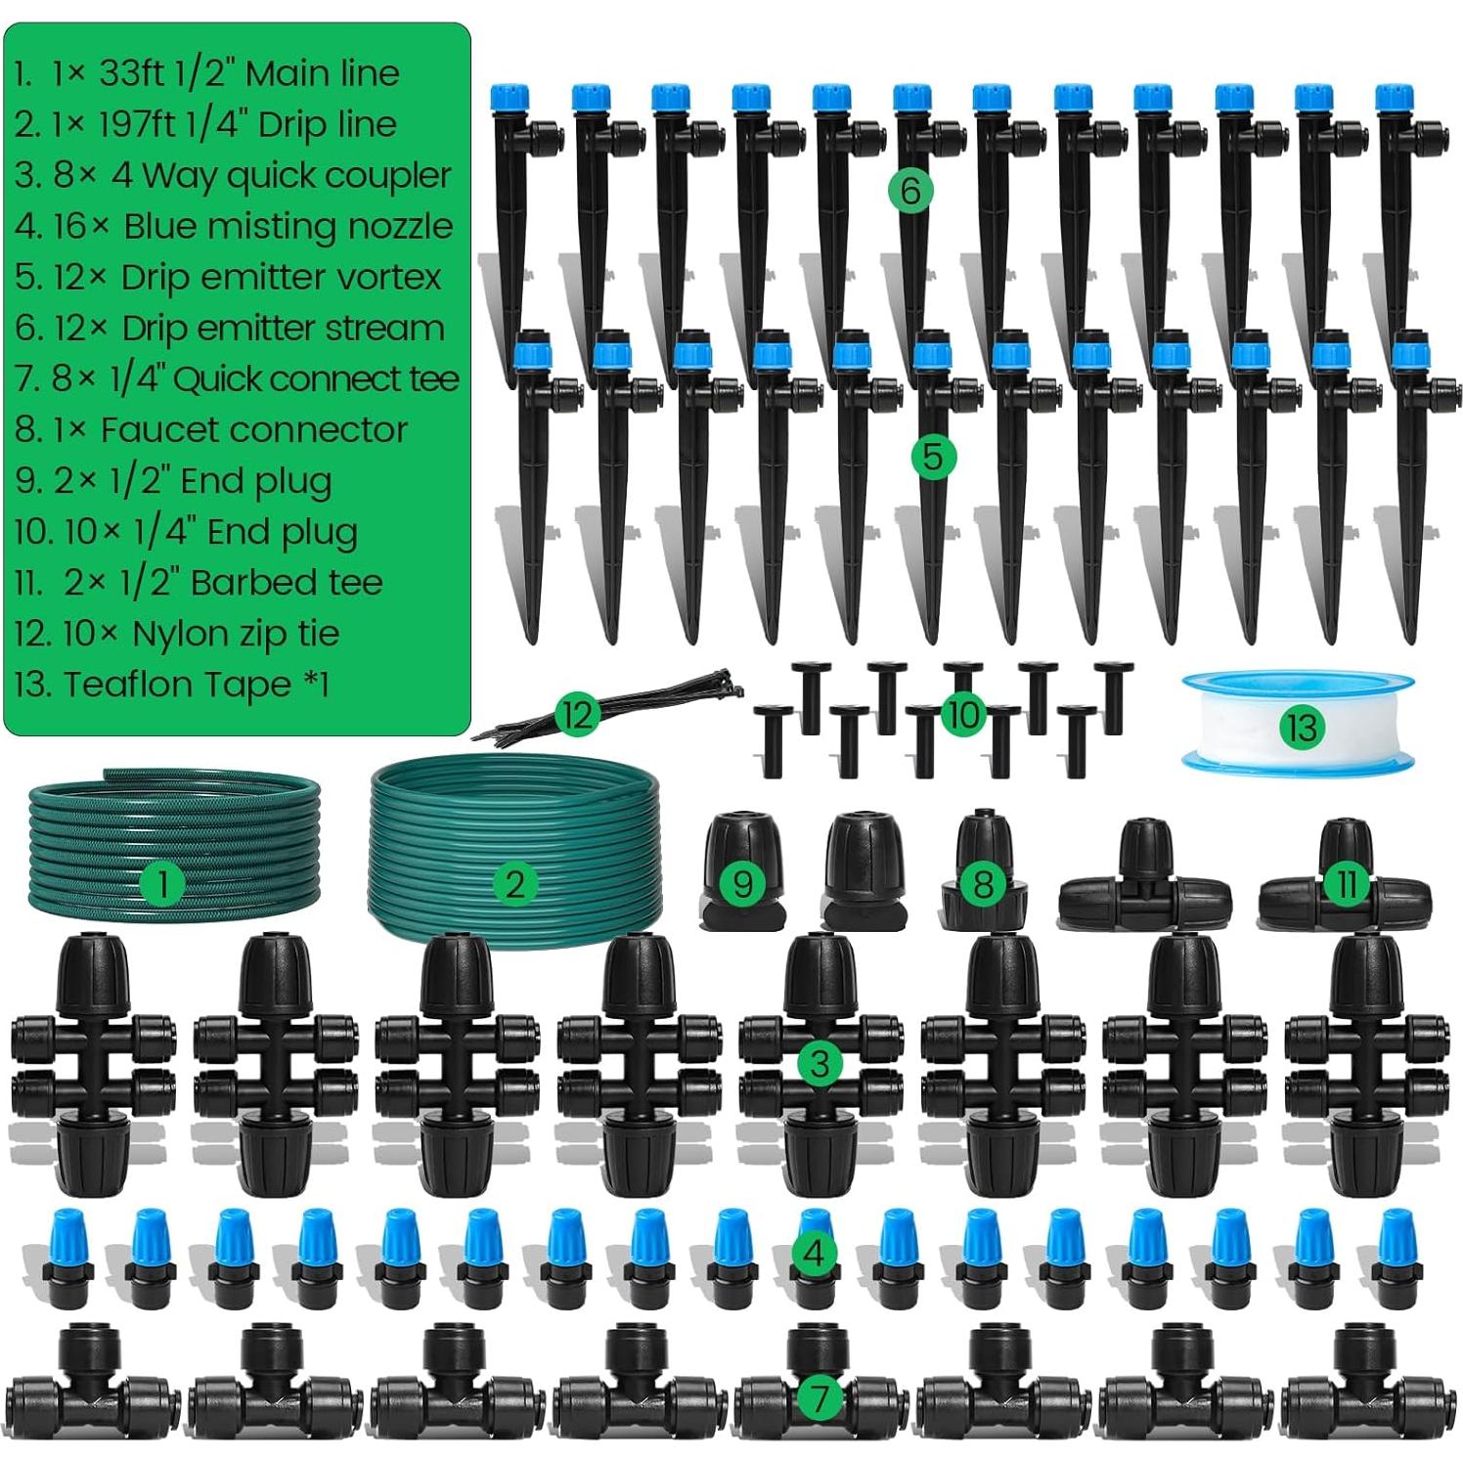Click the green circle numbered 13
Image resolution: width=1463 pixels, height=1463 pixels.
(x=1302, y=727)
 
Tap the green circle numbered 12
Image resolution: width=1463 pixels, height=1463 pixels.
(x=577, y=715)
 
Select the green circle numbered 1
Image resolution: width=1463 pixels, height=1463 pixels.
(x=162, y=886)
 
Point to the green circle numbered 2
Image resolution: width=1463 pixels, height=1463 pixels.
(x=514, y=885)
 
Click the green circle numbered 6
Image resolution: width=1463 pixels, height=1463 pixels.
(x=910, y=191)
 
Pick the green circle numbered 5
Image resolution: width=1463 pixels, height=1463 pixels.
(x=933, y=457)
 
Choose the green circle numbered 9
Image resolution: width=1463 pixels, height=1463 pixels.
(x=742, y=884)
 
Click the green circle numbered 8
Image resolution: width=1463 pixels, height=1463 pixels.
(x=983, y=885)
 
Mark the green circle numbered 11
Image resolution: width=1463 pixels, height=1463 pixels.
(x=1347, y=885)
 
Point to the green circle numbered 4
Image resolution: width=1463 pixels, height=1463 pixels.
(x=814, y=1253)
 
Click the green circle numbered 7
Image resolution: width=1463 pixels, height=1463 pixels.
(x=820, y=1398)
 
